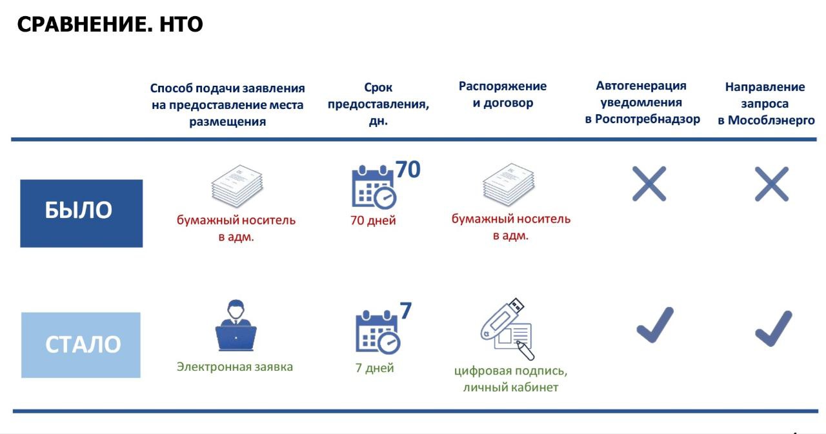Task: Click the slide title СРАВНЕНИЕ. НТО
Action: pyautogui.click(x=110, y=25)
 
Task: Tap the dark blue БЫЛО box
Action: pyautogui.click(x=81, y=213)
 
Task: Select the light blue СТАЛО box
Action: pyautogui.click(x=81, y=344)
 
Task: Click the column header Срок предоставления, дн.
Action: pyautogui.click(x=378, y=104)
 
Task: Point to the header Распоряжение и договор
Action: pyautogui.click(x=503, y=95)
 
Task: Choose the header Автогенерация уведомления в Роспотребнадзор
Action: pyautogui.click(x=642, y=103)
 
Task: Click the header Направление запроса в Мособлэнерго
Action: pyautogui.click(x=766, y=103)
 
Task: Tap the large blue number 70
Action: pyautogui.click(x=408, y=170)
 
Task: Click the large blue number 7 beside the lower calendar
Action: pyautogui.click(x=405, y=311)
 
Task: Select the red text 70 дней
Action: pyautogui.click(x=373, y=221)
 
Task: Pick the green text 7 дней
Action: pyautogui.click(x=374, y=368)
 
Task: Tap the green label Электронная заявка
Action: pyautogui.click(x=235, y=367)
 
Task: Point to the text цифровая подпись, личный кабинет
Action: pyautogui.click(x=510, y=379)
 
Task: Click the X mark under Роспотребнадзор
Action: pyautogui.click(x=649, y=184)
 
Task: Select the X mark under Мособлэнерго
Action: pyautogui.click(x=772, y=184)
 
